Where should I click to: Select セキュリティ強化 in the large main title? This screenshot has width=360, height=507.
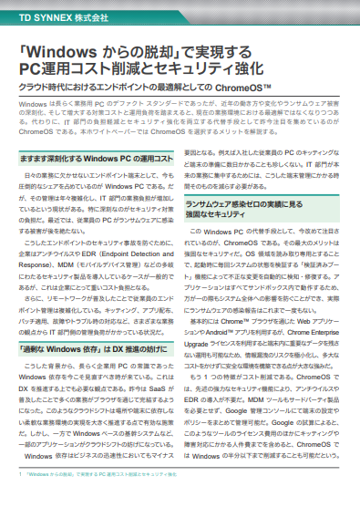(x=209, y=69)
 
